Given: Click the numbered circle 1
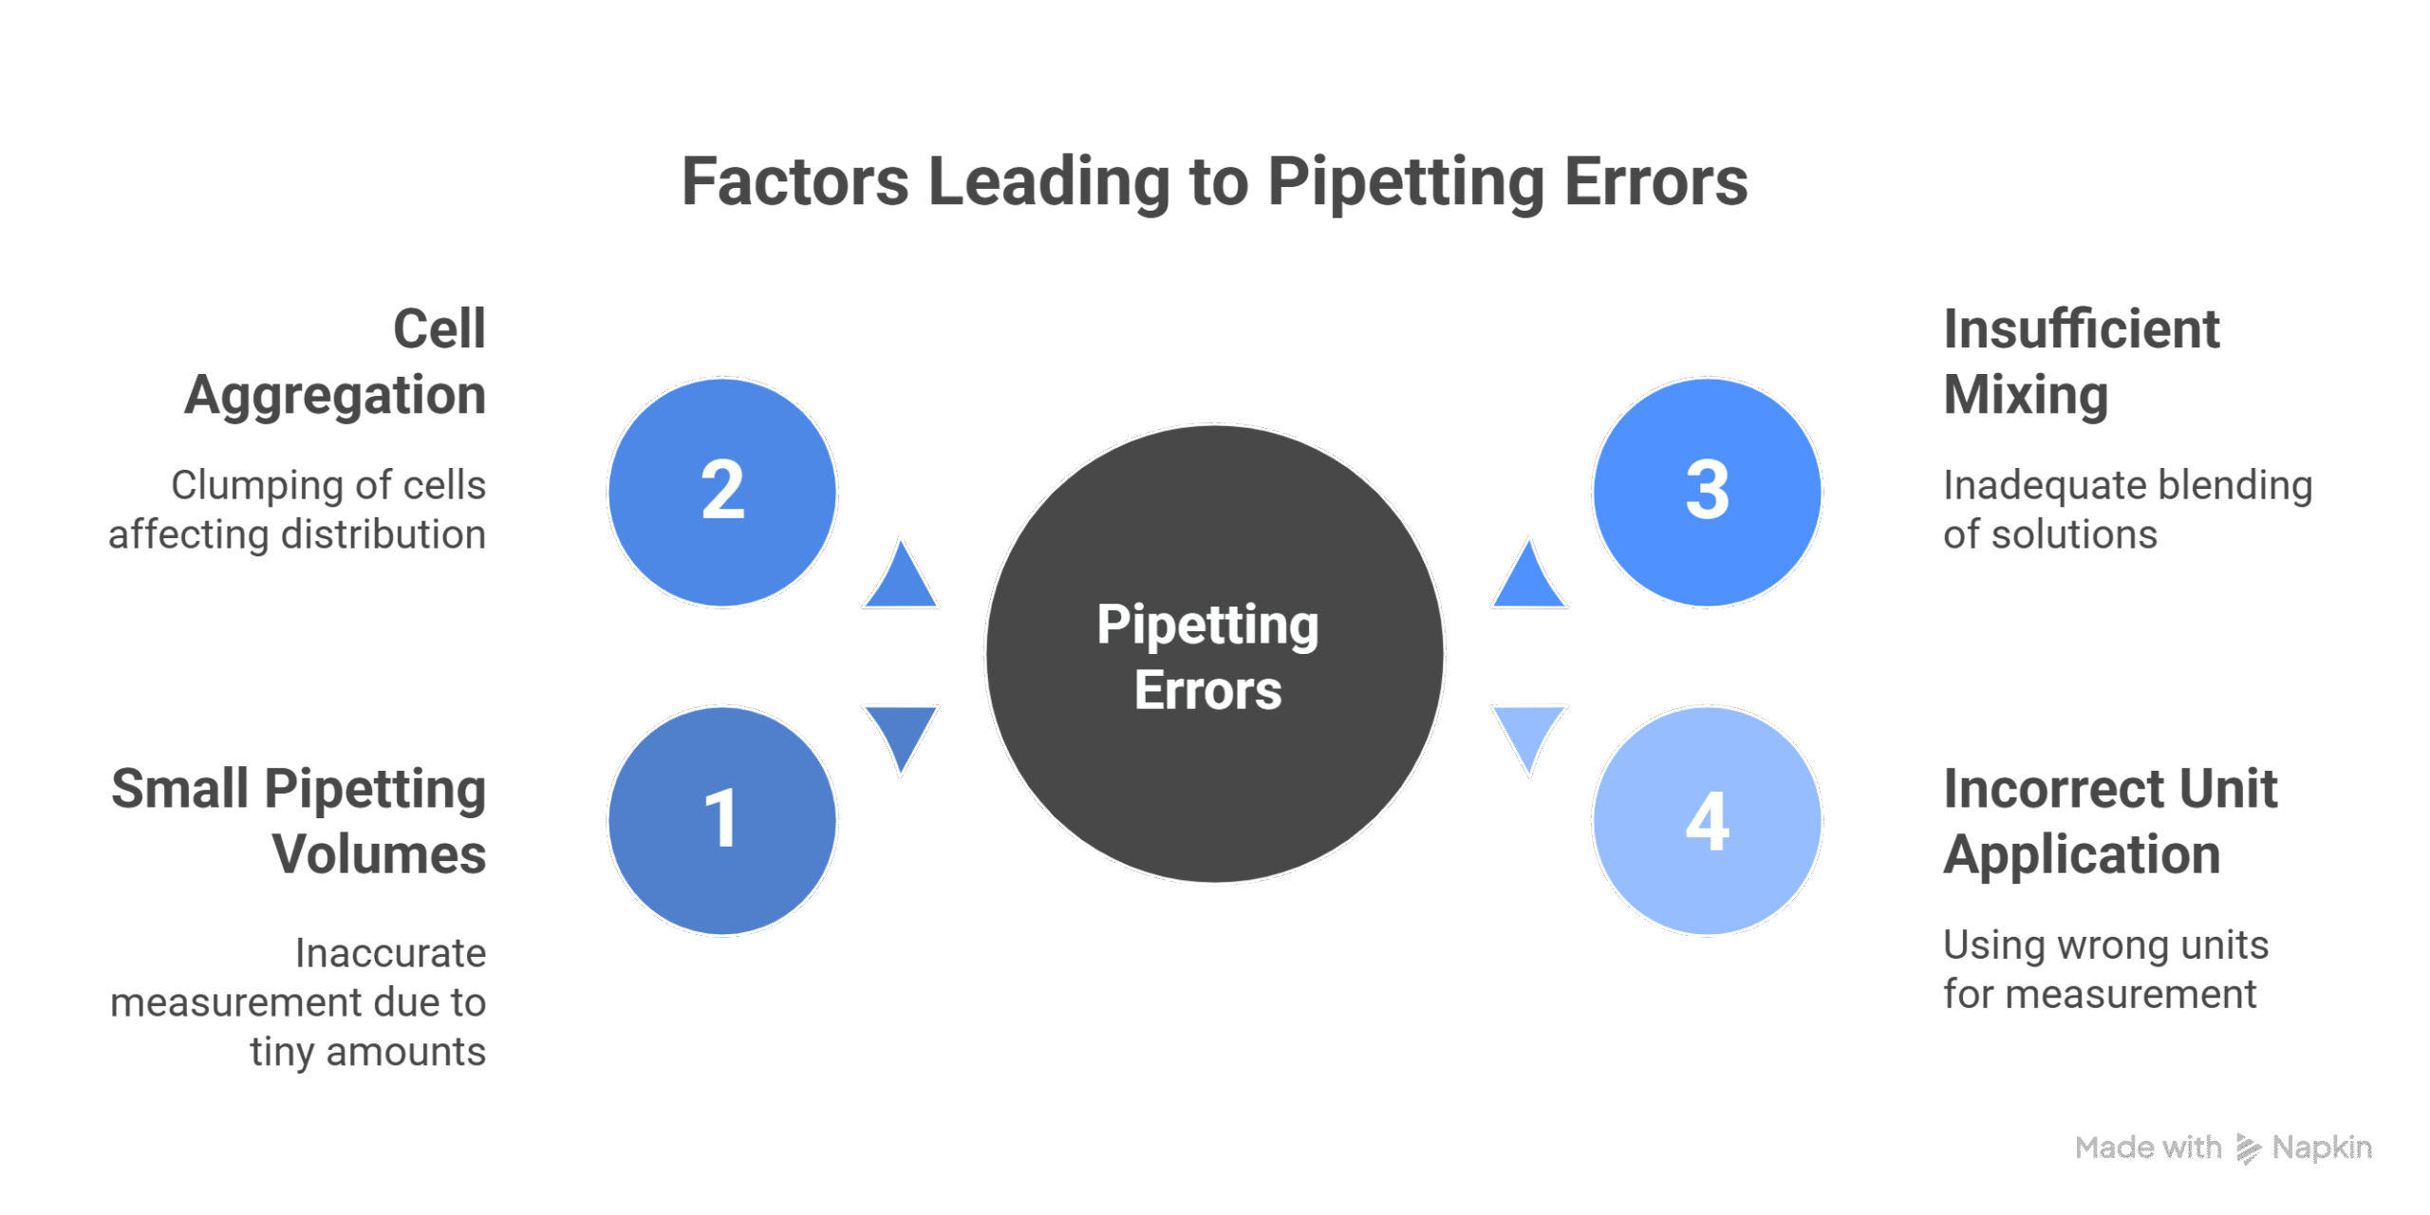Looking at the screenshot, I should (x=722, y=820).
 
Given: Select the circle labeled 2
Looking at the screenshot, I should (x=722, y=492).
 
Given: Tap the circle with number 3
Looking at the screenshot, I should (x=1707, y=492).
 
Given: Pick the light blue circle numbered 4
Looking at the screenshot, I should (x=1707, y=820).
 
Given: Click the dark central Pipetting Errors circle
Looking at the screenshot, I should (x=1214, y=654).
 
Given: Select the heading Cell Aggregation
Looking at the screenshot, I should (x=336, y=362).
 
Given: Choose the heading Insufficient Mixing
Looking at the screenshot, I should (x=2081, y=362).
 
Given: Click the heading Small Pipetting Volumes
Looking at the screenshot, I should (x=300, y=821).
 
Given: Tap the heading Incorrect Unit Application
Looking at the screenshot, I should (x=2109, y=821).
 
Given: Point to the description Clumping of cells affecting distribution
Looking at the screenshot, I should (x=298, y=510).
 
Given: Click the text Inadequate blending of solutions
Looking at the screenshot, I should (x=2126, y=510).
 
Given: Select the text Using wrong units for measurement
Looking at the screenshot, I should (x=2104, y=969).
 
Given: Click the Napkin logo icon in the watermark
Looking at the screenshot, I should (x=2247, y=1149).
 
